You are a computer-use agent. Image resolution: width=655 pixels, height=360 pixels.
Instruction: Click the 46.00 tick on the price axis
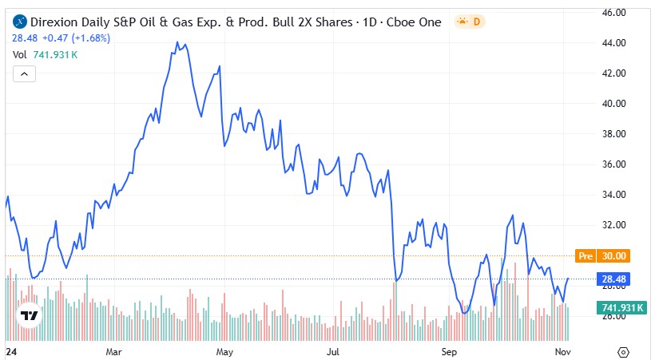click(x=613, y=13)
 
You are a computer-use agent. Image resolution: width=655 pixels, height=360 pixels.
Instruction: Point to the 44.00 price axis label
click(x=613, y=43)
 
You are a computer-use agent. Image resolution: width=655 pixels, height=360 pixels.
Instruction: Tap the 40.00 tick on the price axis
click(x=613, y=104)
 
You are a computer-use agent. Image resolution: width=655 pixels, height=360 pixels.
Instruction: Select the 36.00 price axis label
click(x=613, y=164)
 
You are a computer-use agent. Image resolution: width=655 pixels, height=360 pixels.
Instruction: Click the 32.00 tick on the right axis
click(x=613, y=225)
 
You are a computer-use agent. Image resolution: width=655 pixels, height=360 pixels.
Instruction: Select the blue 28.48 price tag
click(x=613, y=279)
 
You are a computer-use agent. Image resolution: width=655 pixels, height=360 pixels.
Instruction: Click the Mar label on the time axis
click(x=113, y=351)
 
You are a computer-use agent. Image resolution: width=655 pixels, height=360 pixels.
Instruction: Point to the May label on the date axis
click(x=224, y=351)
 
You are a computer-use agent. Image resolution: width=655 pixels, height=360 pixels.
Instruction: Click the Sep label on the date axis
click(x=449, y=351)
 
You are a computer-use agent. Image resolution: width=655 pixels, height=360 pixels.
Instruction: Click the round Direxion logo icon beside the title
click(x=20, y=22)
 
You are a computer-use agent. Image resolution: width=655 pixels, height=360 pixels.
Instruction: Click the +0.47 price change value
click(x=54, y=37)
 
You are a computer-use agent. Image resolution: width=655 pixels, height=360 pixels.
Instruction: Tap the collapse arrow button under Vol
click(x=23, y=74)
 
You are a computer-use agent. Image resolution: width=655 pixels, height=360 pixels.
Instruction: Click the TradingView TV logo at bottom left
click(x=30, y=316)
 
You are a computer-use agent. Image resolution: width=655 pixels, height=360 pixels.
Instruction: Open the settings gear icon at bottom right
click(x=625, y=351)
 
